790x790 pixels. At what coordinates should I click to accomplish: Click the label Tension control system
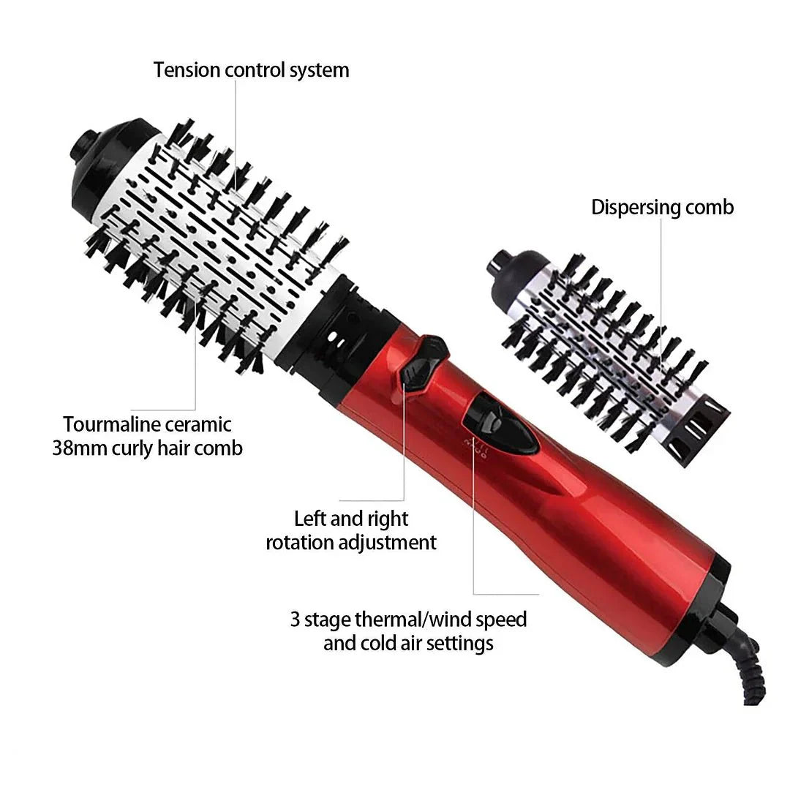tap(251, 70)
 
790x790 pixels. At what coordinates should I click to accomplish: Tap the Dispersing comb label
tap(662, 207)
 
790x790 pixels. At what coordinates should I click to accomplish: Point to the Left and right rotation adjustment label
tap(351, 530)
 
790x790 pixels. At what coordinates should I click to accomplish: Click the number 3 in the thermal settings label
tap(295, 620)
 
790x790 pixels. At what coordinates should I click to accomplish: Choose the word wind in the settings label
tap(448, 620)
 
